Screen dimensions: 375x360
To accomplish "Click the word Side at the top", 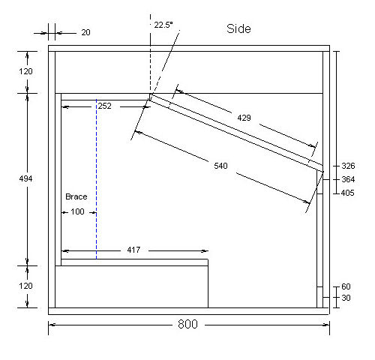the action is [x=238, y=28].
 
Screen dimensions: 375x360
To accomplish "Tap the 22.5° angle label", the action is [x=163, y=25].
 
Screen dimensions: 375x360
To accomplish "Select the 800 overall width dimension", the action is [x=187, y=324].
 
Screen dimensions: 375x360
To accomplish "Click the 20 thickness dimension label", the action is [x=85, y=32].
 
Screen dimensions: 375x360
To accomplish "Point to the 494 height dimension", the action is [x=25, y=178].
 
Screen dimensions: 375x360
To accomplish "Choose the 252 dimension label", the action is [x=104, y=106].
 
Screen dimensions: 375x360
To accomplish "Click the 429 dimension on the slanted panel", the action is [x=244, y=118].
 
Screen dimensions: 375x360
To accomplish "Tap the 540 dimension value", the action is [x=220, y=166].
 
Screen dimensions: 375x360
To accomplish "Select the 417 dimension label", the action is [x=133, y=250].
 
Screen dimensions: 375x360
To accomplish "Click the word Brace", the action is [x=76, y=196].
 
